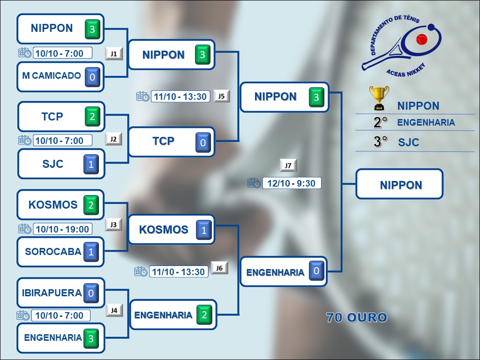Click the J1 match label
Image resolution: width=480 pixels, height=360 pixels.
(113, 53)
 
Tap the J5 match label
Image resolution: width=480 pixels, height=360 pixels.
(222, 96)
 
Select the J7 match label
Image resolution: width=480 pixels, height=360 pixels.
(288, 165)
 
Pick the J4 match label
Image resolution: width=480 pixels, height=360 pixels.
(114, 310)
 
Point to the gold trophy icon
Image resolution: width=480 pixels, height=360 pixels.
(378, 97)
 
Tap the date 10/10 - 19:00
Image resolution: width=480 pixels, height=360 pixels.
(62, 229)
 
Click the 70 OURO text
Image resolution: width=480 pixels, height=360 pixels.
(357, 317)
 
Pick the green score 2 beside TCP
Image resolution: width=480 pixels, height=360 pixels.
(92, 117)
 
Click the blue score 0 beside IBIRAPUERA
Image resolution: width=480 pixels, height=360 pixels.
(91, 293)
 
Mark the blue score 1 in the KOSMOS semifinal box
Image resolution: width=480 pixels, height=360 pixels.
(203, 230)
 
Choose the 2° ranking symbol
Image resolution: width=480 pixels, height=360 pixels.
(381, 123)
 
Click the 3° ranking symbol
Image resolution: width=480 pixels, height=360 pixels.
(381, 142)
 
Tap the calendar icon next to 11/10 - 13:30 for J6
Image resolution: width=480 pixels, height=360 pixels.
(141, 271)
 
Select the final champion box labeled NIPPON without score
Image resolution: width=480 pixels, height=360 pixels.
(399, 184)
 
